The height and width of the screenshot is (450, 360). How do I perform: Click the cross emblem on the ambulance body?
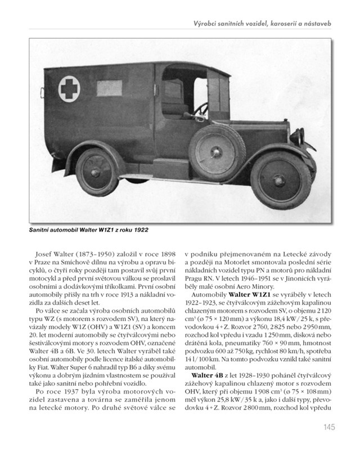(69, 89)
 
